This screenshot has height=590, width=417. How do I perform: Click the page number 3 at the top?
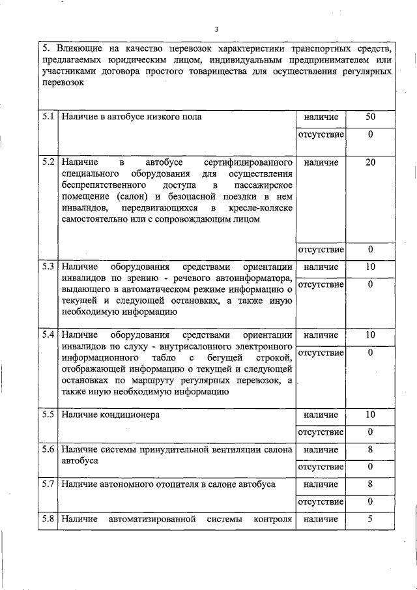pos(216,29)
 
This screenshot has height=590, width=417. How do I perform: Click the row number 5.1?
pos(48,117)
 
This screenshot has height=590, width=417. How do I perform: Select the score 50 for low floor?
pos(370,117)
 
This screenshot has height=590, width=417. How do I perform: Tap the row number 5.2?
pos(48,162)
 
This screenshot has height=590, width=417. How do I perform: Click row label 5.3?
pos(48,267)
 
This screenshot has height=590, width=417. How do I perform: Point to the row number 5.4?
pos(48,335)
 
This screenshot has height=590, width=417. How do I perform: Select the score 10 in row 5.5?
pos(370,415)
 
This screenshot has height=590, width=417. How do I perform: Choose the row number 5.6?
pos(48,449)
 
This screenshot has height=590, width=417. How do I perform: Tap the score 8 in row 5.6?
pos(370,449)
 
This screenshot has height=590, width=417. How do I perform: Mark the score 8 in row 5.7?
pos(370,484)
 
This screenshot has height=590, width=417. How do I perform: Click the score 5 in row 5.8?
pos(370,519)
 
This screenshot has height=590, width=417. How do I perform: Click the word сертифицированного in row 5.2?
pos(248,162)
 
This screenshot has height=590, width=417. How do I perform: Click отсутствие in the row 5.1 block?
pos(321,135)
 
